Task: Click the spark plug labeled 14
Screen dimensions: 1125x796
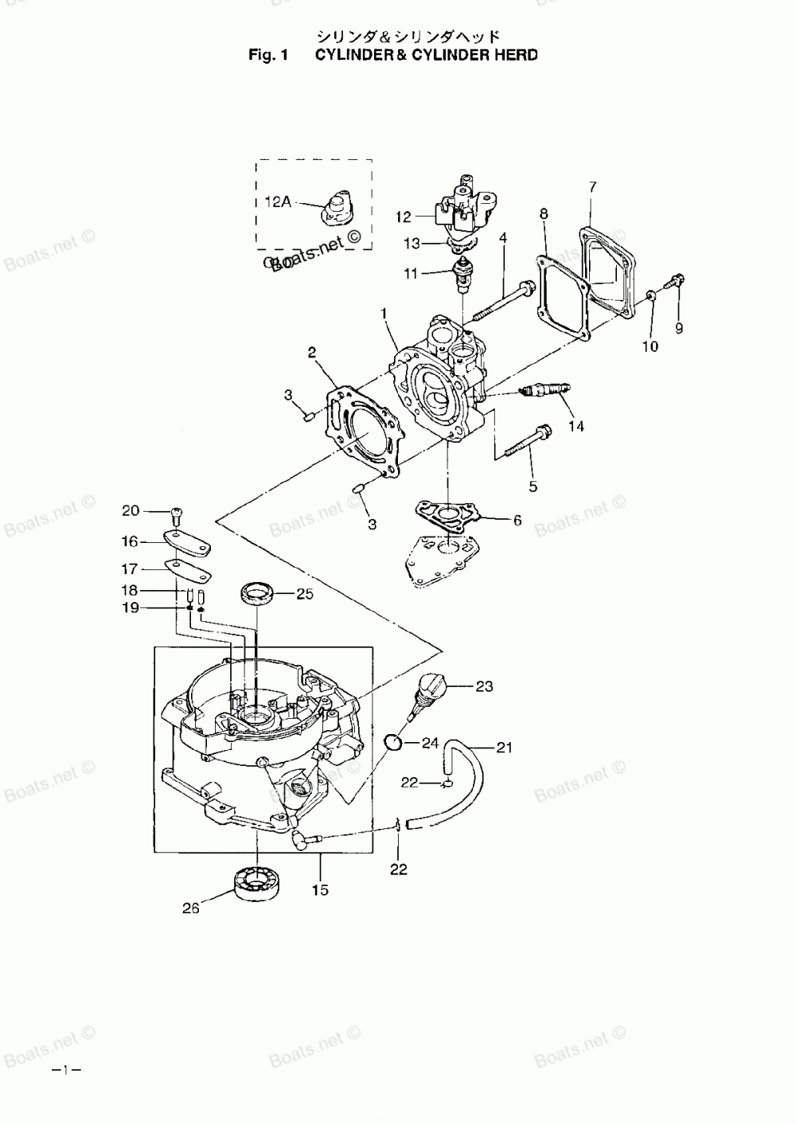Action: [544, 390]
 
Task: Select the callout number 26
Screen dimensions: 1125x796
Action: [190, 907]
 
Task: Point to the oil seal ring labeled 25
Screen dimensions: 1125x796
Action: [257, 593]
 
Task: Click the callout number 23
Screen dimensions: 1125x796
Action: [485, 686]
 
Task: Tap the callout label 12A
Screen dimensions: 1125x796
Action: [277, 202]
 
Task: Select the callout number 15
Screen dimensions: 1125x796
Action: [320, 890]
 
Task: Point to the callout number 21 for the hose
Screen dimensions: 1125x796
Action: [504, 748]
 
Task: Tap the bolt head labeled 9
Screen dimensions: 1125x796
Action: [677, 280]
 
